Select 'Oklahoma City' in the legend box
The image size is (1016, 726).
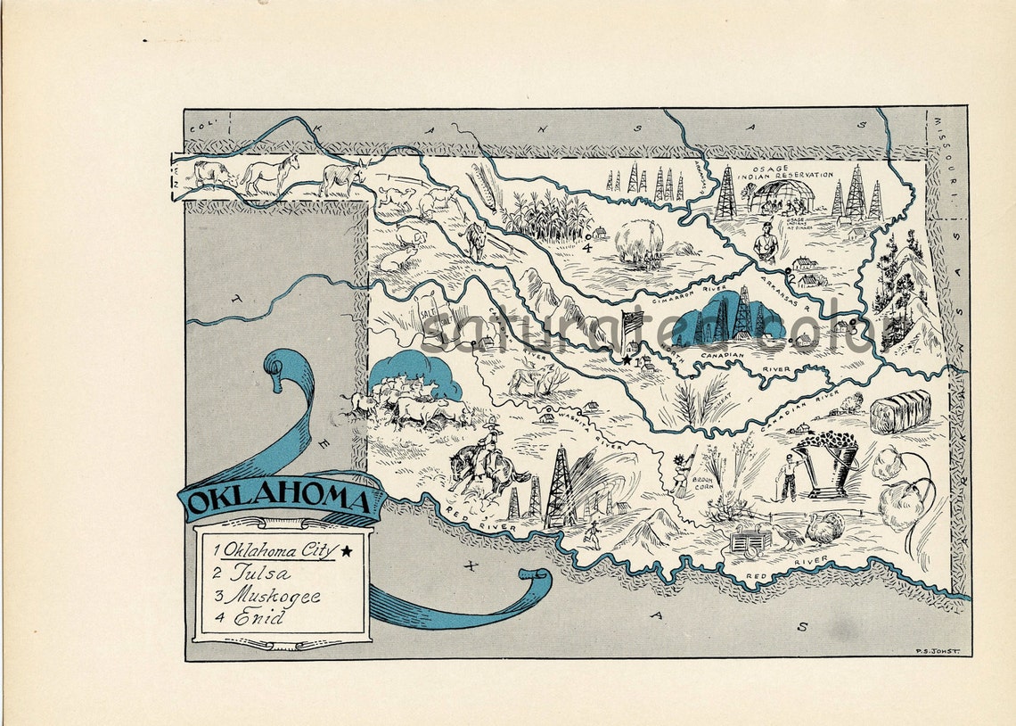280,550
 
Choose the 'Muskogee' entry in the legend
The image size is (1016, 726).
273,595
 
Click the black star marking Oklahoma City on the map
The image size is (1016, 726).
627,361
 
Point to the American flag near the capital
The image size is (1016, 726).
632,322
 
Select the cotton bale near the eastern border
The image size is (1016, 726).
900,412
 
